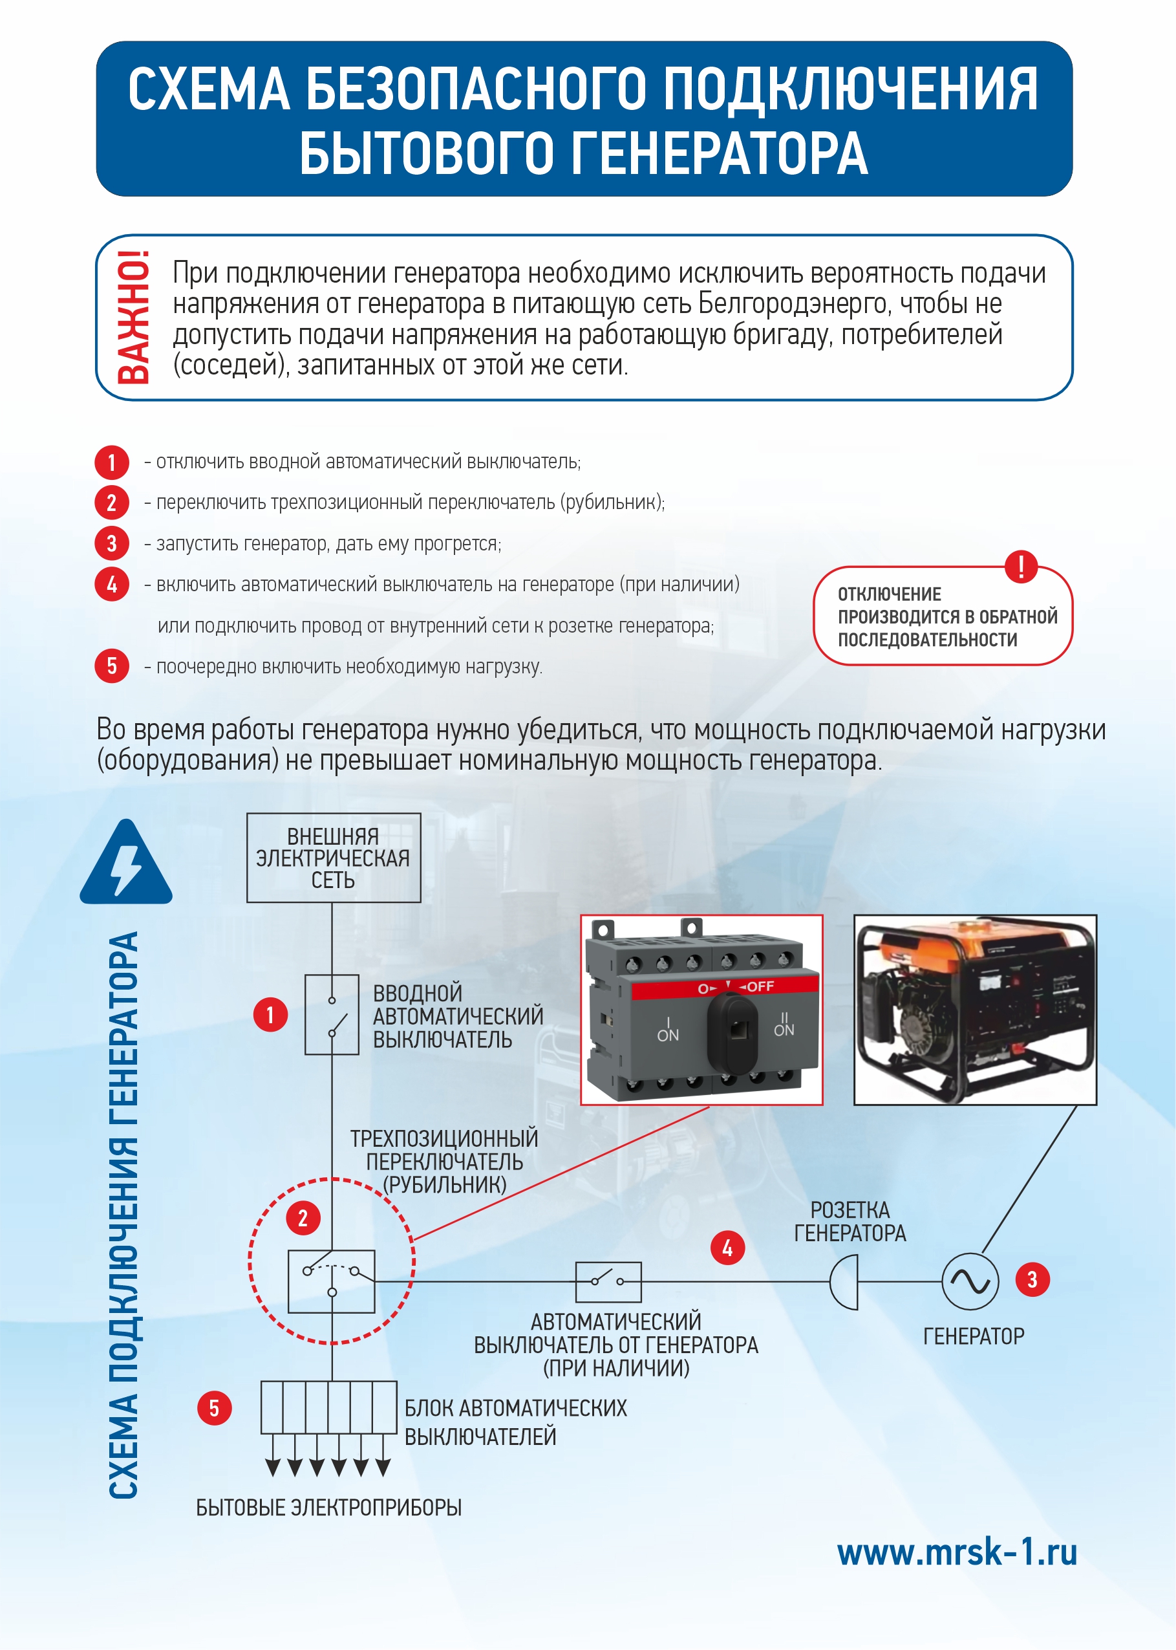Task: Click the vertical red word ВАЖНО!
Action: pos(134,316)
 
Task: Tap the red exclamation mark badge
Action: pos(1021,566)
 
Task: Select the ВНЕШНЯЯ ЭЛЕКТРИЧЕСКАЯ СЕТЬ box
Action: pos(333,858)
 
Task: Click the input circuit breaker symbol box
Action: pos(332,1014)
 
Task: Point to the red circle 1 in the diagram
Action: pos(270,1015)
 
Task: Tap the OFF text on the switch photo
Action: pos(760,986)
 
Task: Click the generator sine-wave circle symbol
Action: pos(970,1281)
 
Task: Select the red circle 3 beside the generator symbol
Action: pos(1032,1280)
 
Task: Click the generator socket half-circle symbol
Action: pos(845,1282)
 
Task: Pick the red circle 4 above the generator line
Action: pos(727,1247)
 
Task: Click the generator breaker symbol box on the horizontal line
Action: pos(608,1281)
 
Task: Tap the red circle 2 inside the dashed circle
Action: pos(303,1219)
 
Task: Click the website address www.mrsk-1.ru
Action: pos(957,1552)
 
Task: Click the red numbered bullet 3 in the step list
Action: pos(111,543)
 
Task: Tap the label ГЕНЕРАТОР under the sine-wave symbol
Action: pos(973,1336)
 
